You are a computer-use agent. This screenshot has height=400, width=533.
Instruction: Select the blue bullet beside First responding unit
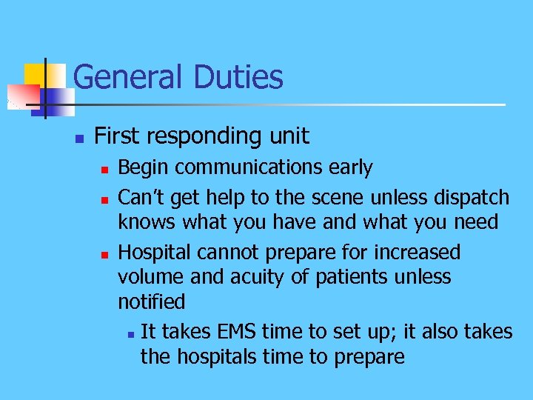[79, 138]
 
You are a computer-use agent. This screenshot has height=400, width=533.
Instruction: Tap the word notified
[152, 302]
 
